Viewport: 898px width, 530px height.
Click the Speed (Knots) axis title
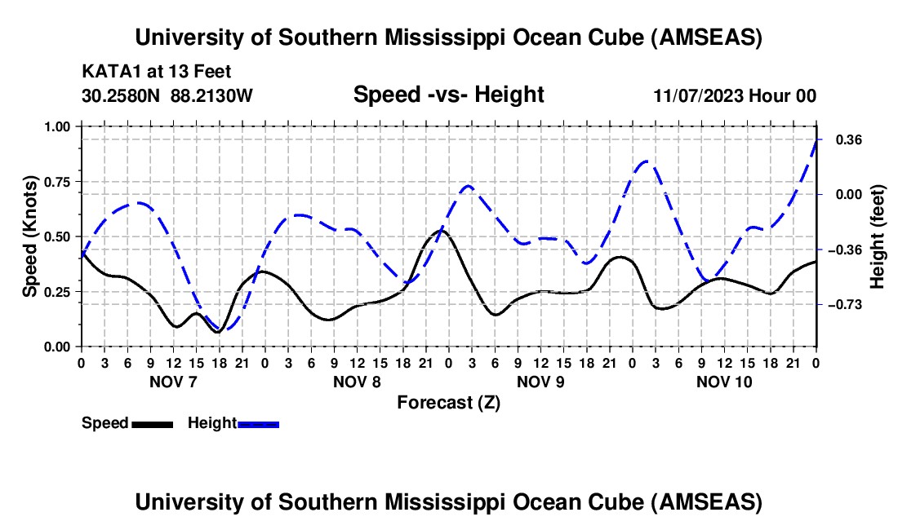pyautogui.click(x=30, y=236)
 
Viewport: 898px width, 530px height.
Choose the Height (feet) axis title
pyautogui.click(x=878, y=236)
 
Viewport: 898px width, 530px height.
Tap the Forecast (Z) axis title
pyautogui.click(x=448, y=402)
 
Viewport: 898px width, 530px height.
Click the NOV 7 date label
pyautogui.click(x=172, y=382)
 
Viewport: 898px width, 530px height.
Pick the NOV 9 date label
pyautogui.click(x=541, y=382)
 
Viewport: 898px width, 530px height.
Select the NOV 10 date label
pyautogui.click(x=723, y=382)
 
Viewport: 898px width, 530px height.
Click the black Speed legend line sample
pyautogui.click(x=152, y=423)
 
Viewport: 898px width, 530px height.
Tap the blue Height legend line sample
pyautogui.click(x=258, y=423)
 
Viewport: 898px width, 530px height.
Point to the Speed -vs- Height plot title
pyautogui.click(x=448, y=95)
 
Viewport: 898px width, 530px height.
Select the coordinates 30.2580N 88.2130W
pyautogui.click(x=167, y=95)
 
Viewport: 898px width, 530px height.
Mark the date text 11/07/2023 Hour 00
pyautogui.click(x=735, y=95)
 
